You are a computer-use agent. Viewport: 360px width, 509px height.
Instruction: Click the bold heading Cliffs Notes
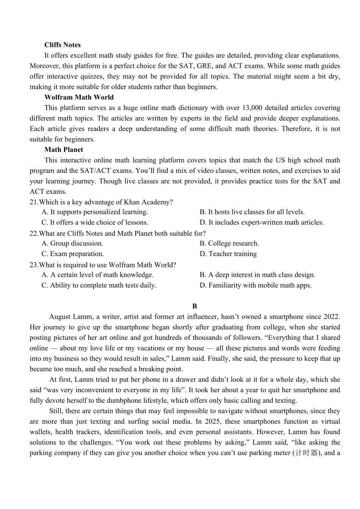(63, 45)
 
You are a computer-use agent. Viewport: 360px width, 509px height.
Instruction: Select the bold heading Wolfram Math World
(79, 97)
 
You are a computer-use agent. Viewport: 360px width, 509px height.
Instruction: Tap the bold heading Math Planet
(64, 149)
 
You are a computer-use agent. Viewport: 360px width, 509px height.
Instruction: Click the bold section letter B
(195, 306)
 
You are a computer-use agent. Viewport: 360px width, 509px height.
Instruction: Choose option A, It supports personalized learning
(95, 212)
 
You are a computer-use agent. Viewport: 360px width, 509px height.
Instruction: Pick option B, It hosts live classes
(252, 212)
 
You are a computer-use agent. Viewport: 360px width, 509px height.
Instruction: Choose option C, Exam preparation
(73, 254)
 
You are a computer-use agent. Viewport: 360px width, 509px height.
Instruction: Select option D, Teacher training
(228, 254)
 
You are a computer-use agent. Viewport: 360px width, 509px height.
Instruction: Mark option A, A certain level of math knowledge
(97, 275)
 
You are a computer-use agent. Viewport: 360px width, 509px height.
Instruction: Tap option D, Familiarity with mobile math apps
(256, 285)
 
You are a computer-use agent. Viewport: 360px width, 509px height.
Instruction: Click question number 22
(33, 233)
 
